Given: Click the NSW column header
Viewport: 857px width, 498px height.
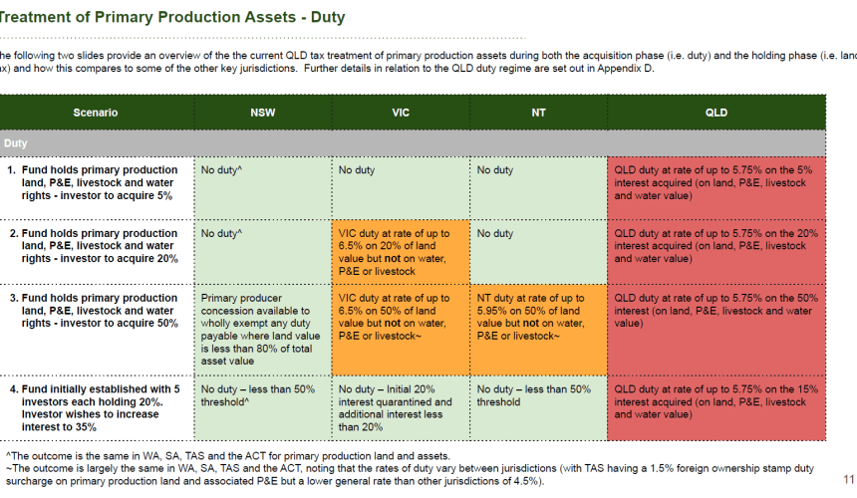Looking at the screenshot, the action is click(x=263, y=113).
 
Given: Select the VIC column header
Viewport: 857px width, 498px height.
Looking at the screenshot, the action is click(x=401, y=113).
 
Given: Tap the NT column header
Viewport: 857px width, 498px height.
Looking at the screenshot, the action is click(x=538, y=113).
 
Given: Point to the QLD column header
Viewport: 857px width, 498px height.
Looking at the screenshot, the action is click(x=715, y=113).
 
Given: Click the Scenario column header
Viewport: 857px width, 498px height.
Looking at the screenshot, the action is click(x=96, y=113).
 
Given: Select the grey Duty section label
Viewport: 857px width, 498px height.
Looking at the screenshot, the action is click(x=15, y=143).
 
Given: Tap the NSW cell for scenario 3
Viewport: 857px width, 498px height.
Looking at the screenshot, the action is click(x=263, y=330).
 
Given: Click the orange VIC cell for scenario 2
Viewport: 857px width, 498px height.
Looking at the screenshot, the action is click(x=401, y=252).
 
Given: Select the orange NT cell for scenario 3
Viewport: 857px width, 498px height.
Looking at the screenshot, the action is click(x=538, y=330).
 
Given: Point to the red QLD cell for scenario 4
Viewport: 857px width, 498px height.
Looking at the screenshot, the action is click(x=715, y=408).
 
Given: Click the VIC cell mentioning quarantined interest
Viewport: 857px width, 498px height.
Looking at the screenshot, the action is click(x=401, y=408).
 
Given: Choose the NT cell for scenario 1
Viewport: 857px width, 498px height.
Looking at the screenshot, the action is click(x=538, y=188).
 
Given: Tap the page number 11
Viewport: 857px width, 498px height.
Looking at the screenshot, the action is click(x=848, y=479).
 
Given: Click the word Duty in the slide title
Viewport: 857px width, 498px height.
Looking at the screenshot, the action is click(x=328, y=17).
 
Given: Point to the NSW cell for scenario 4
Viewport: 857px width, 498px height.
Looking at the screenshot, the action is click(x=263, y=408).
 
